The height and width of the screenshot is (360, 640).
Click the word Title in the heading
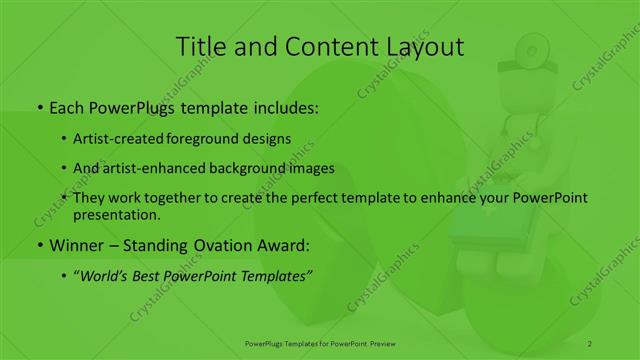pos(202,47)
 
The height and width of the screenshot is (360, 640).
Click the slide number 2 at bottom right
pos(590,343)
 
